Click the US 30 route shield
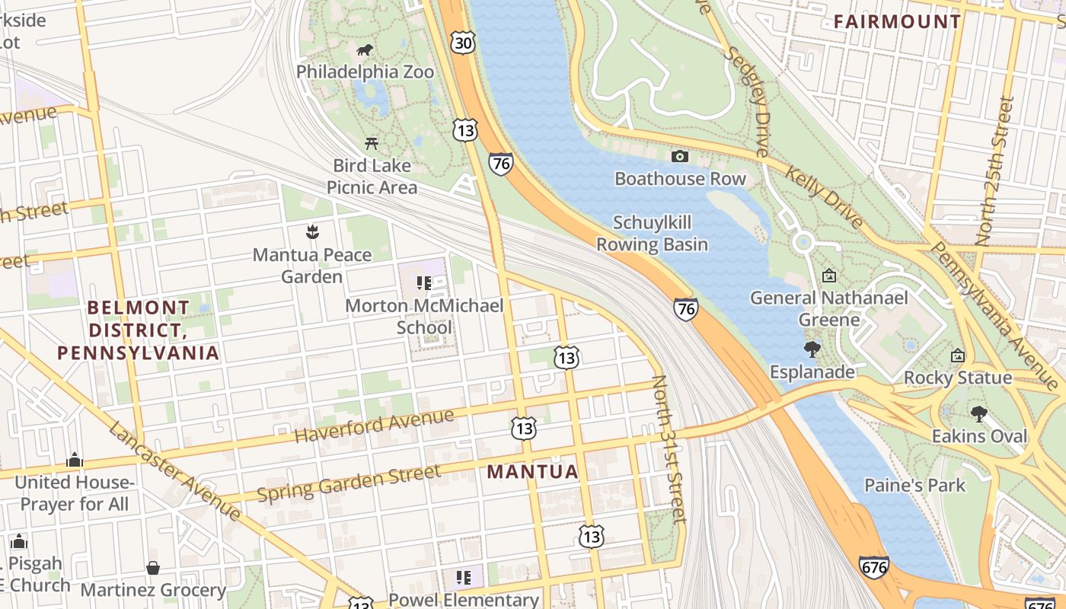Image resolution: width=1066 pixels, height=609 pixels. (462, 43)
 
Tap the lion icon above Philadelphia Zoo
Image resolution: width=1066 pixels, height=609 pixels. (365, 50)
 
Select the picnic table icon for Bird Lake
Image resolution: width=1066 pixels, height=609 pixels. (372, 142)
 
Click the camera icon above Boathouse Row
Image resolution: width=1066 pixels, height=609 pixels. (680, 156)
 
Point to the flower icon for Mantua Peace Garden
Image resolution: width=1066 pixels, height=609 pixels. (311, 231)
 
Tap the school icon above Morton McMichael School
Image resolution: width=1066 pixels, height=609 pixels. (424, 283)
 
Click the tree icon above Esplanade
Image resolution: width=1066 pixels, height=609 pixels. (812, 349)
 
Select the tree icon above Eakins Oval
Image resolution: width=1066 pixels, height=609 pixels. (978, 414)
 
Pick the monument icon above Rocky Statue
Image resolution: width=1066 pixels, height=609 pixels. (958, 356)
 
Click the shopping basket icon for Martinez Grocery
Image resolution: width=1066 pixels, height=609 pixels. (153, 568)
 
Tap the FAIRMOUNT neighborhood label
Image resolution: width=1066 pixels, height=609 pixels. (897, 21)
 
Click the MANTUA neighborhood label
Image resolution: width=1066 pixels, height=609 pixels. (532, 472)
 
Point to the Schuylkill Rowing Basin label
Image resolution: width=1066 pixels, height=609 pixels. (652, 233)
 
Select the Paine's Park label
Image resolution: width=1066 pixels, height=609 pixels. (914, 485)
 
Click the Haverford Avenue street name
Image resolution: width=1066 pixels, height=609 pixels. (374, 426)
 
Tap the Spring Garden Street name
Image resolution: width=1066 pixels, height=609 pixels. (348, 483)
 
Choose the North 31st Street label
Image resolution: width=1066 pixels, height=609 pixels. (670, 449)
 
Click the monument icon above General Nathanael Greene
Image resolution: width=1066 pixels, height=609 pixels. (828, 276)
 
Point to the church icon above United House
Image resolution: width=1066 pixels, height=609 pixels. (75, 460)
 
